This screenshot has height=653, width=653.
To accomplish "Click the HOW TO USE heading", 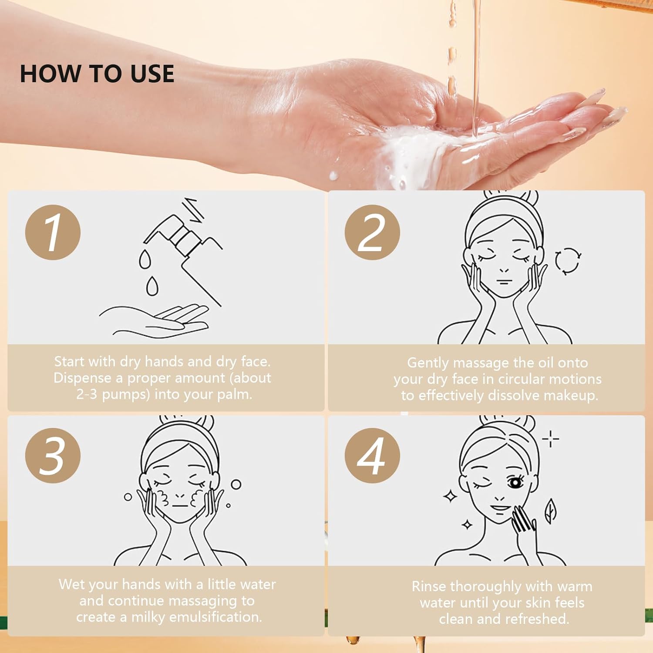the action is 97,73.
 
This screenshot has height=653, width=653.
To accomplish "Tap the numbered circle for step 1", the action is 53,232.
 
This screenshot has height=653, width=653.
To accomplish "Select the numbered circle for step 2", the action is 372,232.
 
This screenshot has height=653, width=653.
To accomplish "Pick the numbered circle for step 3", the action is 53,455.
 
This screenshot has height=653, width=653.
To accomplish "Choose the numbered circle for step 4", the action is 372,455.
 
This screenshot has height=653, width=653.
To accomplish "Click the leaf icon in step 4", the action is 551,511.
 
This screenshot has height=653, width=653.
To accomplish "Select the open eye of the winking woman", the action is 516,483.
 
